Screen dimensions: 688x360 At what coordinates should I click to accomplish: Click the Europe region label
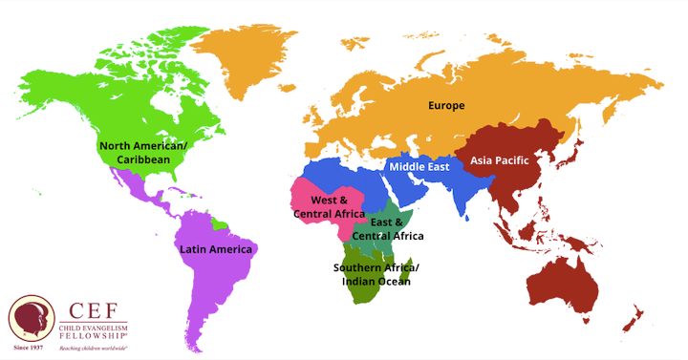tap(446, 105)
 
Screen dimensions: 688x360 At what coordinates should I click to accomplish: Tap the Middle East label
tap(419, 167)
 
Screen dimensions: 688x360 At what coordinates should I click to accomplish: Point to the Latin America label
tap(216, 249)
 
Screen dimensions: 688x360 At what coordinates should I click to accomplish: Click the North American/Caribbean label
tap(144, 153)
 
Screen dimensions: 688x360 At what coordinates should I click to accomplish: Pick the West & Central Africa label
tap(329, 207)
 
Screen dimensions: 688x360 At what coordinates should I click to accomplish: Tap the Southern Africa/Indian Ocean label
tap(372, 274)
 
